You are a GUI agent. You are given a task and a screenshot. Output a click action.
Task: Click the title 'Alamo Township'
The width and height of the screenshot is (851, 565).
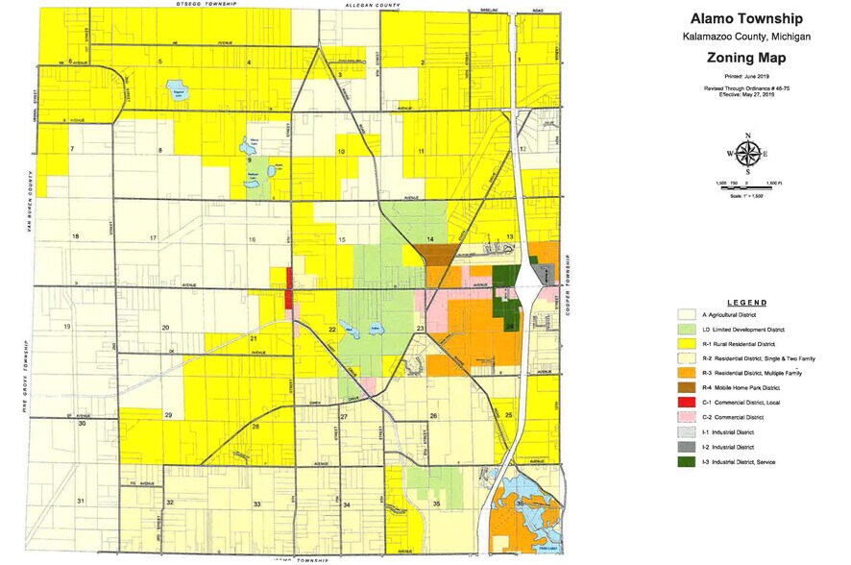pos(753,19)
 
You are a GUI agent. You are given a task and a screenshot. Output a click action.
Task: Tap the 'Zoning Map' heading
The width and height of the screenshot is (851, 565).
pos(753,57)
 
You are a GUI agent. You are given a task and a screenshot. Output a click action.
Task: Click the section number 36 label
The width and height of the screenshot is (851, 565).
pos(520,504)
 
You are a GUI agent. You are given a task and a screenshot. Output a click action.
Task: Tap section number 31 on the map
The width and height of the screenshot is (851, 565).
pos(82,501)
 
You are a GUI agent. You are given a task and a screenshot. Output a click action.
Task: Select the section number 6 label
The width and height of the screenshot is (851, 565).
pos(71,61)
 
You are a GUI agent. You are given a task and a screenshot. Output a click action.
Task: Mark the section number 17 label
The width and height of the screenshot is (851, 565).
pos(152,237)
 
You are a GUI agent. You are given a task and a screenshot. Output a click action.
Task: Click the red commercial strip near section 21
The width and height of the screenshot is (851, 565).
pos(288,287)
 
